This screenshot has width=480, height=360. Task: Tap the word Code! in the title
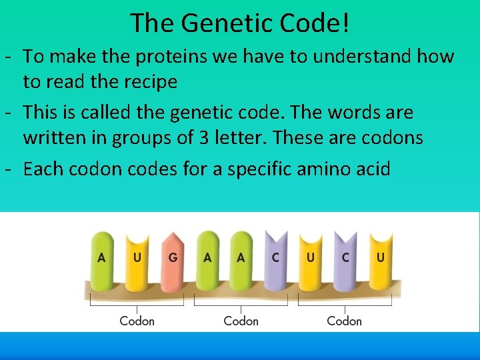tap(313, 23)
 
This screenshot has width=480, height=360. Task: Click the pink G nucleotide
tap(172, 257)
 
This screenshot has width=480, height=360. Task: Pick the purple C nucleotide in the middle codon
tap(275, 257)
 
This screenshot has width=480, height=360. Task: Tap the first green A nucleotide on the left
tap(102, 257)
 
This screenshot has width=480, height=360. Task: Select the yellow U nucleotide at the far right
tap(380, 257)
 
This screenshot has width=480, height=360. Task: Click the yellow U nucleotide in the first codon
tap(137, 257)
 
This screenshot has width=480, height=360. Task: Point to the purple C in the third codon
tap(345, 257)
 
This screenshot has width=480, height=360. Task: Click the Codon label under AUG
tap(137, 321)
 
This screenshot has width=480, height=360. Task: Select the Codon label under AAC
tap(241, 321)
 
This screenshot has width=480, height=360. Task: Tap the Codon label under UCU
tap(344, 321)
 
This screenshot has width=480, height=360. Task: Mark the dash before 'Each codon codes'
tap(9, 169)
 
